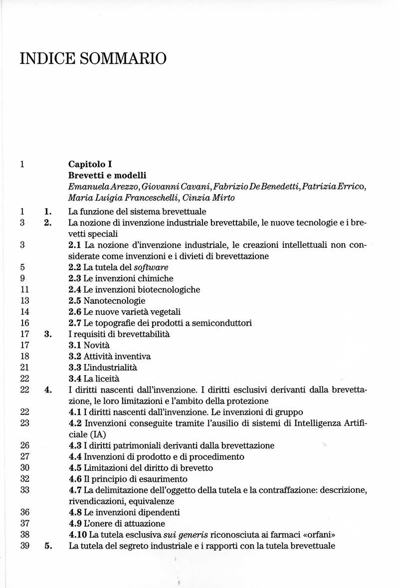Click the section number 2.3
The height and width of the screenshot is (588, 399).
[74, 278]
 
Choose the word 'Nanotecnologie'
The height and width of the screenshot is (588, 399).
[115, 300]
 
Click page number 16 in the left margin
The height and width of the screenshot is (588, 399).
[25, 323]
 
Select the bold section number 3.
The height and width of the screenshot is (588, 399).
[48, 334]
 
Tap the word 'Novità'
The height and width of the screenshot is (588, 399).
[97, 345]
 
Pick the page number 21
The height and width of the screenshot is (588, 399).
[25, 367]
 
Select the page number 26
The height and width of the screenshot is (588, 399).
[25, 445]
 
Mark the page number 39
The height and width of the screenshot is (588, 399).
[25, 546]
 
